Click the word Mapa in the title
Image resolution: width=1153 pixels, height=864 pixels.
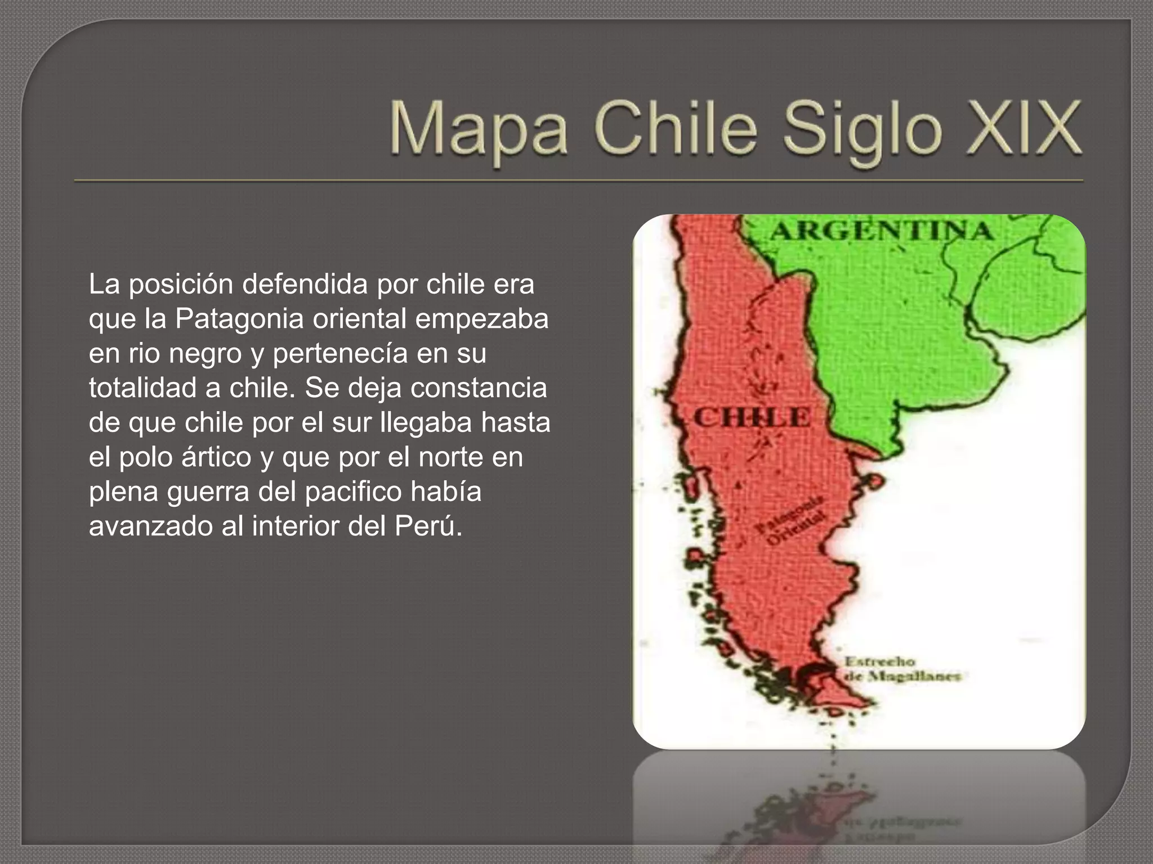click(478, 129)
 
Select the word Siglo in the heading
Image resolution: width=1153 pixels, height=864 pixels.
click(861, 132)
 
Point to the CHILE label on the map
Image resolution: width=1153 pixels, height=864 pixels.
click(752, 418)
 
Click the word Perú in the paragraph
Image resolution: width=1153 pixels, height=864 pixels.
click(428, 526)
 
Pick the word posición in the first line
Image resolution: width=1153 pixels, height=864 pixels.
click(181, 285)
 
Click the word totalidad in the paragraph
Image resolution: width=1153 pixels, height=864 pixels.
click(143, 388)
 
